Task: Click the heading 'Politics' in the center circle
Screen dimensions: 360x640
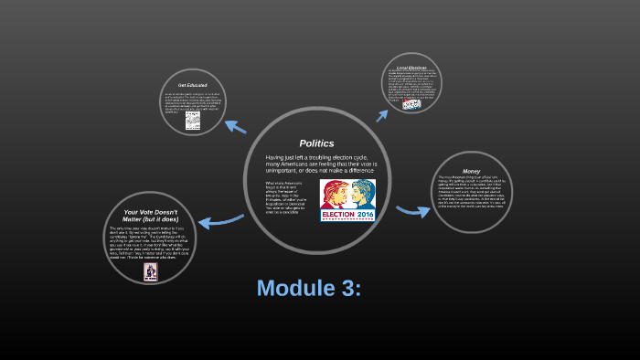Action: point(317,143)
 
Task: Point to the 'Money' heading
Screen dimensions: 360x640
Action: point(471,170)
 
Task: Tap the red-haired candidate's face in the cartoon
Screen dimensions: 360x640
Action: point(336,194)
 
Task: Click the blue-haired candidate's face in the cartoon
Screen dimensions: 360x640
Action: point(361,194)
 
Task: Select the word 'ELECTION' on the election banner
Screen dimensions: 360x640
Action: point(339,216)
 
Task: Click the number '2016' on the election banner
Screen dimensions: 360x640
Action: point(365,216)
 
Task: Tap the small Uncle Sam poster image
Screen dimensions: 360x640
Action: point(150,270)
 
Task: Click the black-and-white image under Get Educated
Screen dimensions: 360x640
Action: point(193,121)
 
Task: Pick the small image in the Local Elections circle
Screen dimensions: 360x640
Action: point(412,105)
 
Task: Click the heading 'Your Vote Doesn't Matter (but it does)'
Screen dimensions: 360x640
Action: point(150,216)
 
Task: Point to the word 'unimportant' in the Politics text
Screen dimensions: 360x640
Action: point(286,170)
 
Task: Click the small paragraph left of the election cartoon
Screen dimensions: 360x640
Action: point(280,196)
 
